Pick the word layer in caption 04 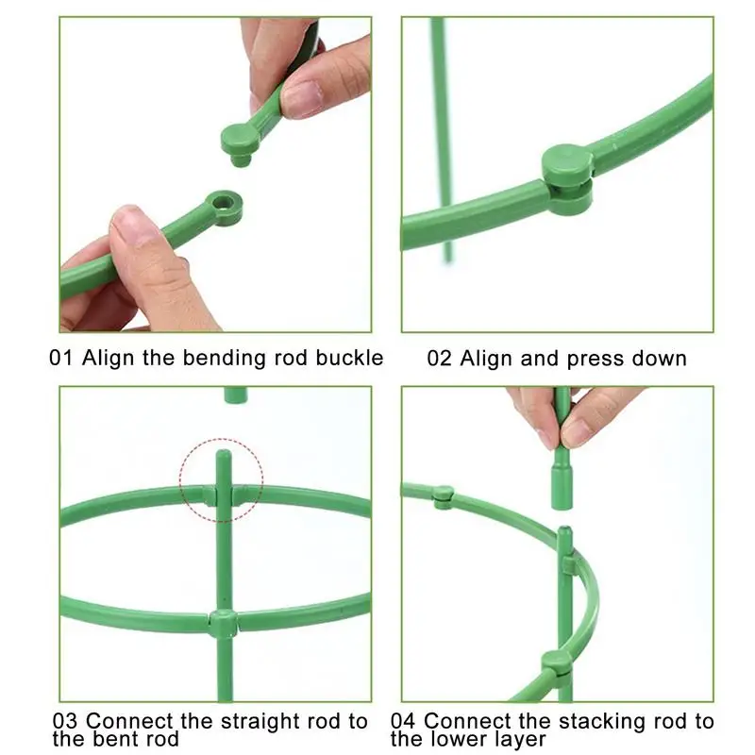522,739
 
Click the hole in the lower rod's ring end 225,203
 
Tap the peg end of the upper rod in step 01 239,142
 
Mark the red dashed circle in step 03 222,479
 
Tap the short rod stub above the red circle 235,394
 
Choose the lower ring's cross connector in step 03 223,623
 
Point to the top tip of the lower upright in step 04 563,532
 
